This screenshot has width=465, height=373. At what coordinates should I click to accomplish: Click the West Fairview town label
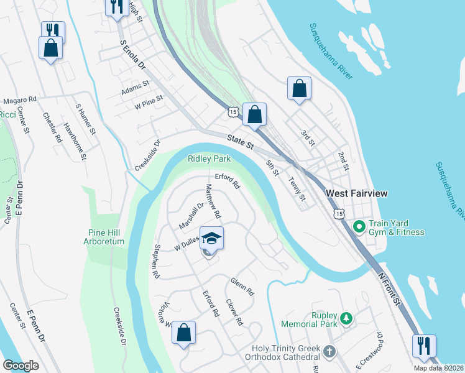coord(357,194)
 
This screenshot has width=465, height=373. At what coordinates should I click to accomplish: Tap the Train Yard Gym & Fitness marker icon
coord(358,227)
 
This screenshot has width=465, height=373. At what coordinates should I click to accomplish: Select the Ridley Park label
coord(209,159)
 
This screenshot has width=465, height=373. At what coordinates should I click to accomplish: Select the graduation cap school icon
coord(211,238)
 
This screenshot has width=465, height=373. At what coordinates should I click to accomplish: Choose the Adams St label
coord(136,88)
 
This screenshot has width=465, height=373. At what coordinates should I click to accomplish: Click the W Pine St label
coord(149,102)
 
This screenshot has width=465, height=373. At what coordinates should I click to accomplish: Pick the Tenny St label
coord(298,190)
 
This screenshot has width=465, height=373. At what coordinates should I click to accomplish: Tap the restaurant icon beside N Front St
coord(424,346)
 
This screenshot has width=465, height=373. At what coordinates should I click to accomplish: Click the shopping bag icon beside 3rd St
coord(299,88)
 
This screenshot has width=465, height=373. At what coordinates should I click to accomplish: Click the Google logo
coord(21,366)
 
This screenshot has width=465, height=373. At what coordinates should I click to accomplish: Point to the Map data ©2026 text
coord(439,368)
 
